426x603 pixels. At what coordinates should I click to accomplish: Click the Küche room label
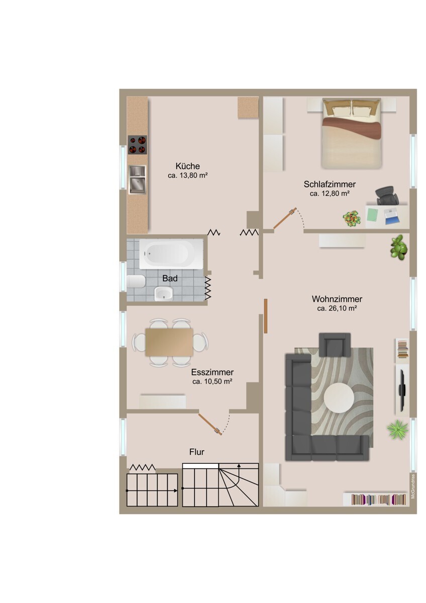point(187,166)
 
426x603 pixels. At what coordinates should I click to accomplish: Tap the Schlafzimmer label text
point(330,184)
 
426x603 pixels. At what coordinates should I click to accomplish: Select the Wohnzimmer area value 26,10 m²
point(337,309)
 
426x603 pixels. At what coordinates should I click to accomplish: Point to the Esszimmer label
point(212,372)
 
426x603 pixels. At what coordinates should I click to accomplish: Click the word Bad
point(170,278)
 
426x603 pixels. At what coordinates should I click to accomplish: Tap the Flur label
point(197,452)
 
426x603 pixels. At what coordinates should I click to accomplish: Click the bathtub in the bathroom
point(171,254)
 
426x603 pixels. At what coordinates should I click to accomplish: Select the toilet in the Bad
point(136,281)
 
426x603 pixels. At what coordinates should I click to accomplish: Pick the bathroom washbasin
point(164,293)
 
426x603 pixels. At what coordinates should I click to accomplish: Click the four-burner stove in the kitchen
point(137,145)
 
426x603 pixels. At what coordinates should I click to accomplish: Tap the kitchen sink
point(137,179)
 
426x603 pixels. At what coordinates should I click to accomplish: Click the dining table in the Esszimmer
point(169,342)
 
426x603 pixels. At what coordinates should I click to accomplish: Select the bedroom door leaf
point(285,218)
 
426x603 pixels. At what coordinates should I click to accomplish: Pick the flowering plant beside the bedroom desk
point(352,218)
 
